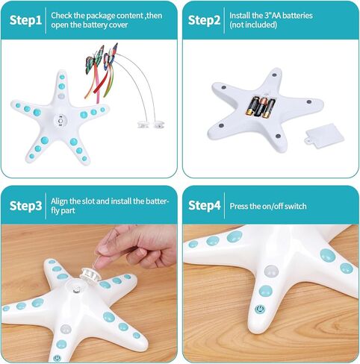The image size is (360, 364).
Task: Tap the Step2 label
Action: coord(204,19)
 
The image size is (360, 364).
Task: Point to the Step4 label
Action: coord(204,205)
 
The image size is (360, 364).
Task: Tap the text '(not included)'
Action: coord(255,25)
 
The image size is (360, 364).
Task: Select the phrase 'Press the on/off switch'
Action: coord(268,206)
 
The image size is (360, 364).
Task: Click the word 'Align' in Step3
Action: coord(61,201)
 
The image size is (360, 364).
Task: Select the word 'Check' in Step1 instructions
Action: coord(63,14)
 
